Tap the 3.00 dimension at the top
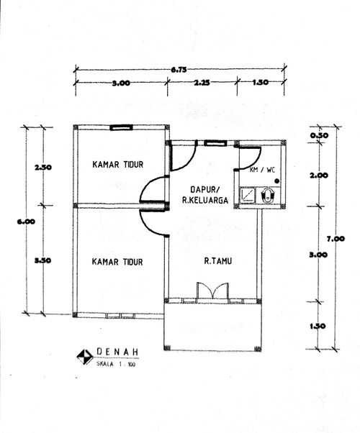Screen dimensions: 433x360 point(120,83)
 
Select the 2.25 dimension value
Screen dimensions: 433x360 point(202,83)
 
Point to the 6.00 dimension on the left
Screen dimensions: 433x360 point(26,222)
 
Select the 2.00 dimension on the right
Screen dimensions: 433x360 point(319,175)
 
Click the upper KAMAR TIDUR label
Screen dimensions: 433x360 point(117,165)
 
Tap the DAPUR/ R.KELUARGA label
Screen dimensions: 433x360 point(204,196)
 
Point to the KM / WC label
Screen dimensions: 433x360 point(262,170)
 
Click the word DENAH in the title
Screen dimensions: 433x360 point(117,352)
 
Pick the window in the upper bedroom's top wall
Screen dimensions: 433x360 point(120,127)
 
